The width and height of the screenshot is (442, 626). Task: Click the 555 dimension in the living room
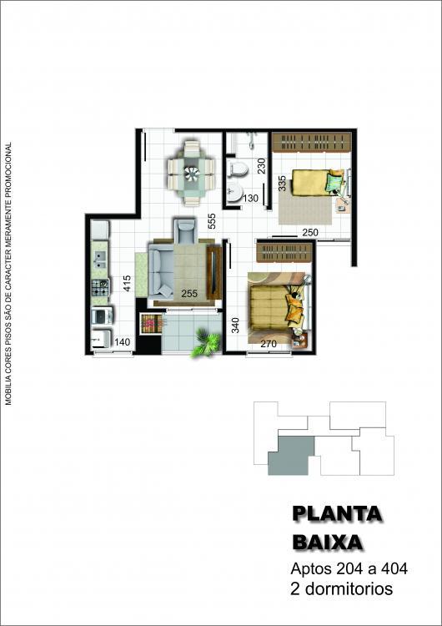click(212, 221)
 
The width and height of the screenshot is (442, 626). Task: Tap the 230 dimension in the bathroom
click(261, 166)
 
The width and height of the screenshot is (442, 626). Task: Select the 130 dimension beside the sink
click(250, 198)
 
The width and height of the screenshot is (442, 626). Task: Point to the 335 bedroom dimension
click(282, 184)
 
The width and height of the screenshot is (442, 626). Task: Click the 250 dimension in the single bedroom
click(310, 232)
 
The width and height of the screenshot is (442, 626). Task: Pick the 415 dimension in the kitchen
click(127, 283)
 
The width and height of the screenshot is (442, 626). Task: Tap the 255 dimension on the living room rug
click(189, 294)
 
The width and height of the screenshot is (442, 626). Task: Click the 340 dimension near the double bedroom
click(235, 326)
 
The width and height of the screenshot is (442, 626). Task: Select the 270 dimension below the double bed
click(269, 343)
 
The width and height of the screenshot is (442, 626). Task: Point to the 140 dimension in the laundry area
click(122, 342)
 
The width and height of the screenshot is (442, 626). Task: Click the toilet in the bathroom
click(238, 169)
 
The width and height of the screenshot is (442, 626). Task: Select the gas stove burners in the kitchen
click(100, 287)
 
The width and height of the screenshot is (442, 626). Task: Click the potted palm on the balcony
click(206, 343)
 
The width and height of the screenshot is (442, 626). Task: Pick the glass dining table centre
click(192, 173)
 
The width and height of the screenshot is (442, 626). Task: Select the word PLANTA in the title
click(337, 514)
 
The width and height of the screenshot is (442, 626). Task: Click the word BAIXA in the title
click(328, 543)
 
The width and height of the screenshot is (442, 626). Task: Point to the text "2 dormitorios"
click(341, 589)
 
